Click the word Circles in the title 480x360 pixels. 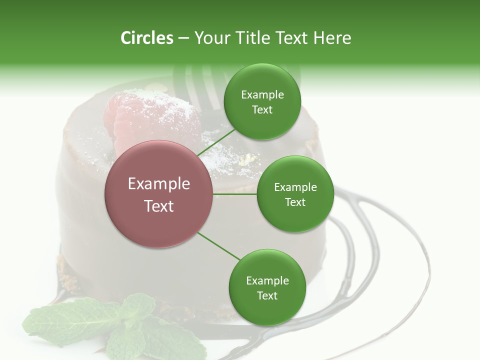pos(146,38)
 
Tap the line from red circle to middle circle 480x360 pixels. pos(235,194)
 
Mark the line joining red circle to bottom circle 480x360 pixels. pos(219,246)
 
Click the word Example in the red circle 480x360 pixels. pos(159,184)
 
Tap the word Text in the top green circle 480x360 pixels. pos(262,110)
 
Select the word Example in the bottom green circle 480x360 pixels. pos(267,280)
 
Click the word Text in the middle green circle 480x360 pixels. pos(295,202)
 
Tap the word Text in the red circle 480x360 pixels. pos(159,206)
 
